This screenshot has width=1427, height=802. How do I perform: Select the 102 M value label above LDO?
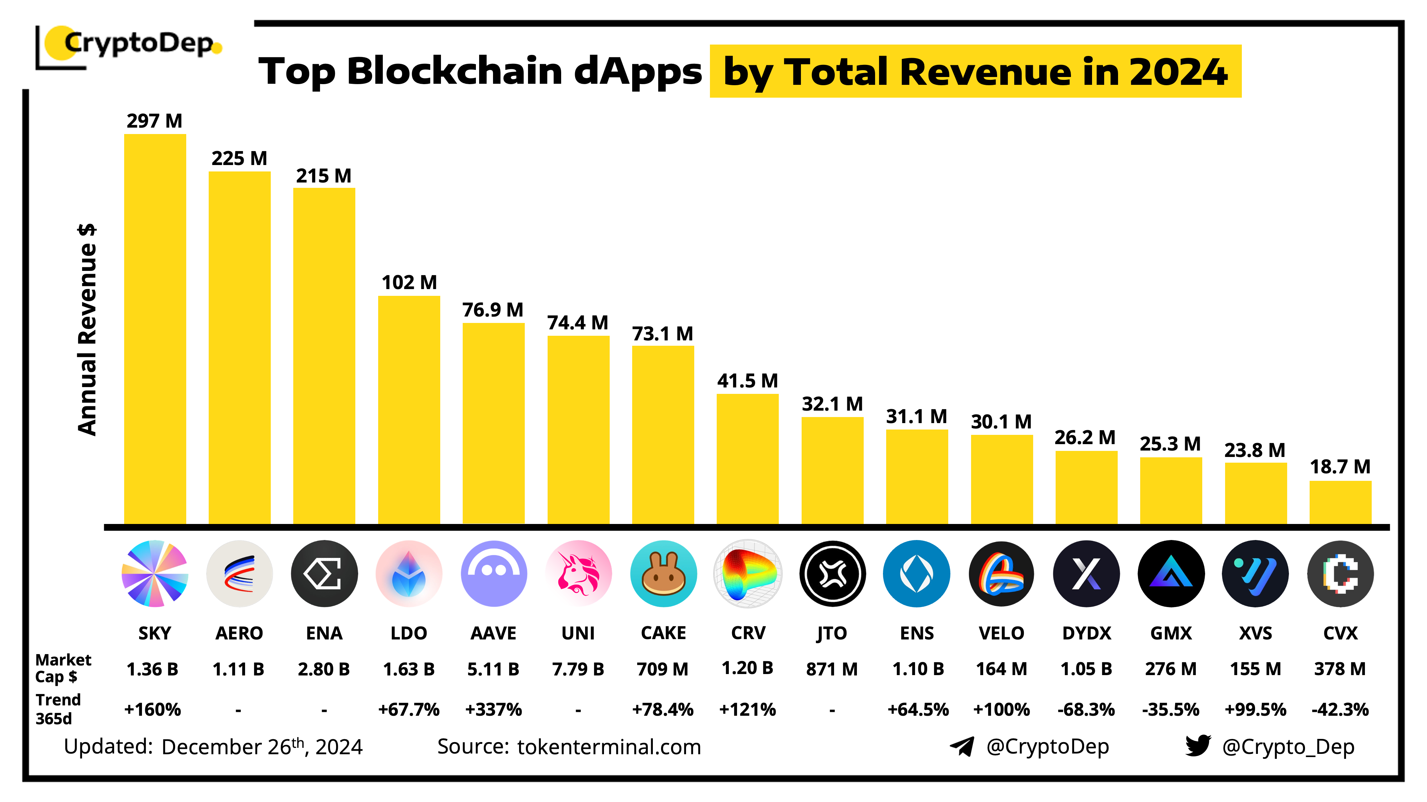pyautogui.click(x=409, y=282)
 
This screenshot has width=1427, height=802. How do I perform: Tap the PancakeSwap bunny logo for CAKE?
pyautogui.click(x=663, y=574)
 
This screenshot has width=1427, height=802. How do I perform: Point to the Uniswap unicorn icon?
pyautogui.click(x=578, y=574)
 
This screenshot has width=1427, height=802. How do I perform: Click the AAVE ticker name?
pyautogui.click(x=493, y=633)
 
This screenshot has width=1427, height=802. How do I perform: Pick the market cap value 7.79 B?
pyautogui.click(x=578, y=669)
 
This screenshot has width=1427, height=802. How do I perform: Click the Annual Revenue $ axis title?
pyautogui.click(x=87, y=329)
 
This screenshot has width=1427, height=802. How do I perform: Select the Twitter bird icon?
pyautogui.click(x=1198, y=746)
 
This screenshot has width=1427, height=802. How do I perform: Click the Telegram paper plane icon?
pyautogui.click(x=962, y=746)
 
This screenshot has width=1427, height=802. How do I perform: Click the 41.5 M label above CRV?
pyautogui.click(x=747, y=381)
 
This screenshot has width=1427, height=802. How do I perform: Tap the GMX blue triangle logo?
pyautogui.click(x=1170, y=574)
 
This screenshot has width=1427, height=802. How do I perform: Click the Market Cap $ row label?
pyautogui.click(x=62, y=668)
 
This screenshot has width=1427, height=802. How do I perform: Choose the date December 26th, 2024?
pyautogui.click(x=262, y=747)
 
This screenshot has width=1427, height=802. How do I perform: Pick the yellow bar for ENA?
pyautogui.click(x=324, y=355)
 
